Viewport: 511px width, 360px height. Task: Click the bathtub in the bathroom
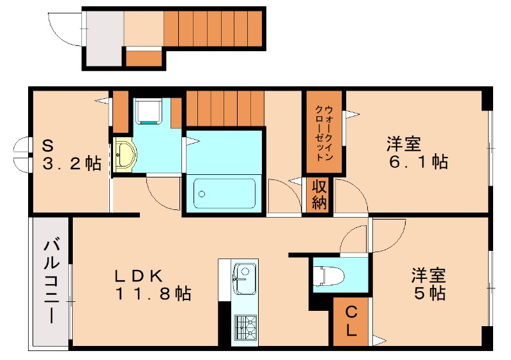point(224,191)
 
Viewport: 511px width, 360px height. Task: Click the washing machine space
point(149,112)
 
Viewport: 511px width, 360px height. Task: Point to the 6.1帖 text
point(418,161)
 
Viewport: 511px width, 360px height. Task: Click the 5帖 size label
point(429,294)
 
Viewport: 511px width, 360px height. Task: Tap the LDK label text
point(140,276)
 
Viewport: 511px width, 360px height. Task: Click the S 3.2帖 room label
point(71,155)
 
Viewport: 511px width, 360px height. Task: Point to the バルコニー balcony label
point(49,281)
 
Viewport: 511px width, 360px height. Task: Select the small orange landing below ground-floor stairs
point(143,59)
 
